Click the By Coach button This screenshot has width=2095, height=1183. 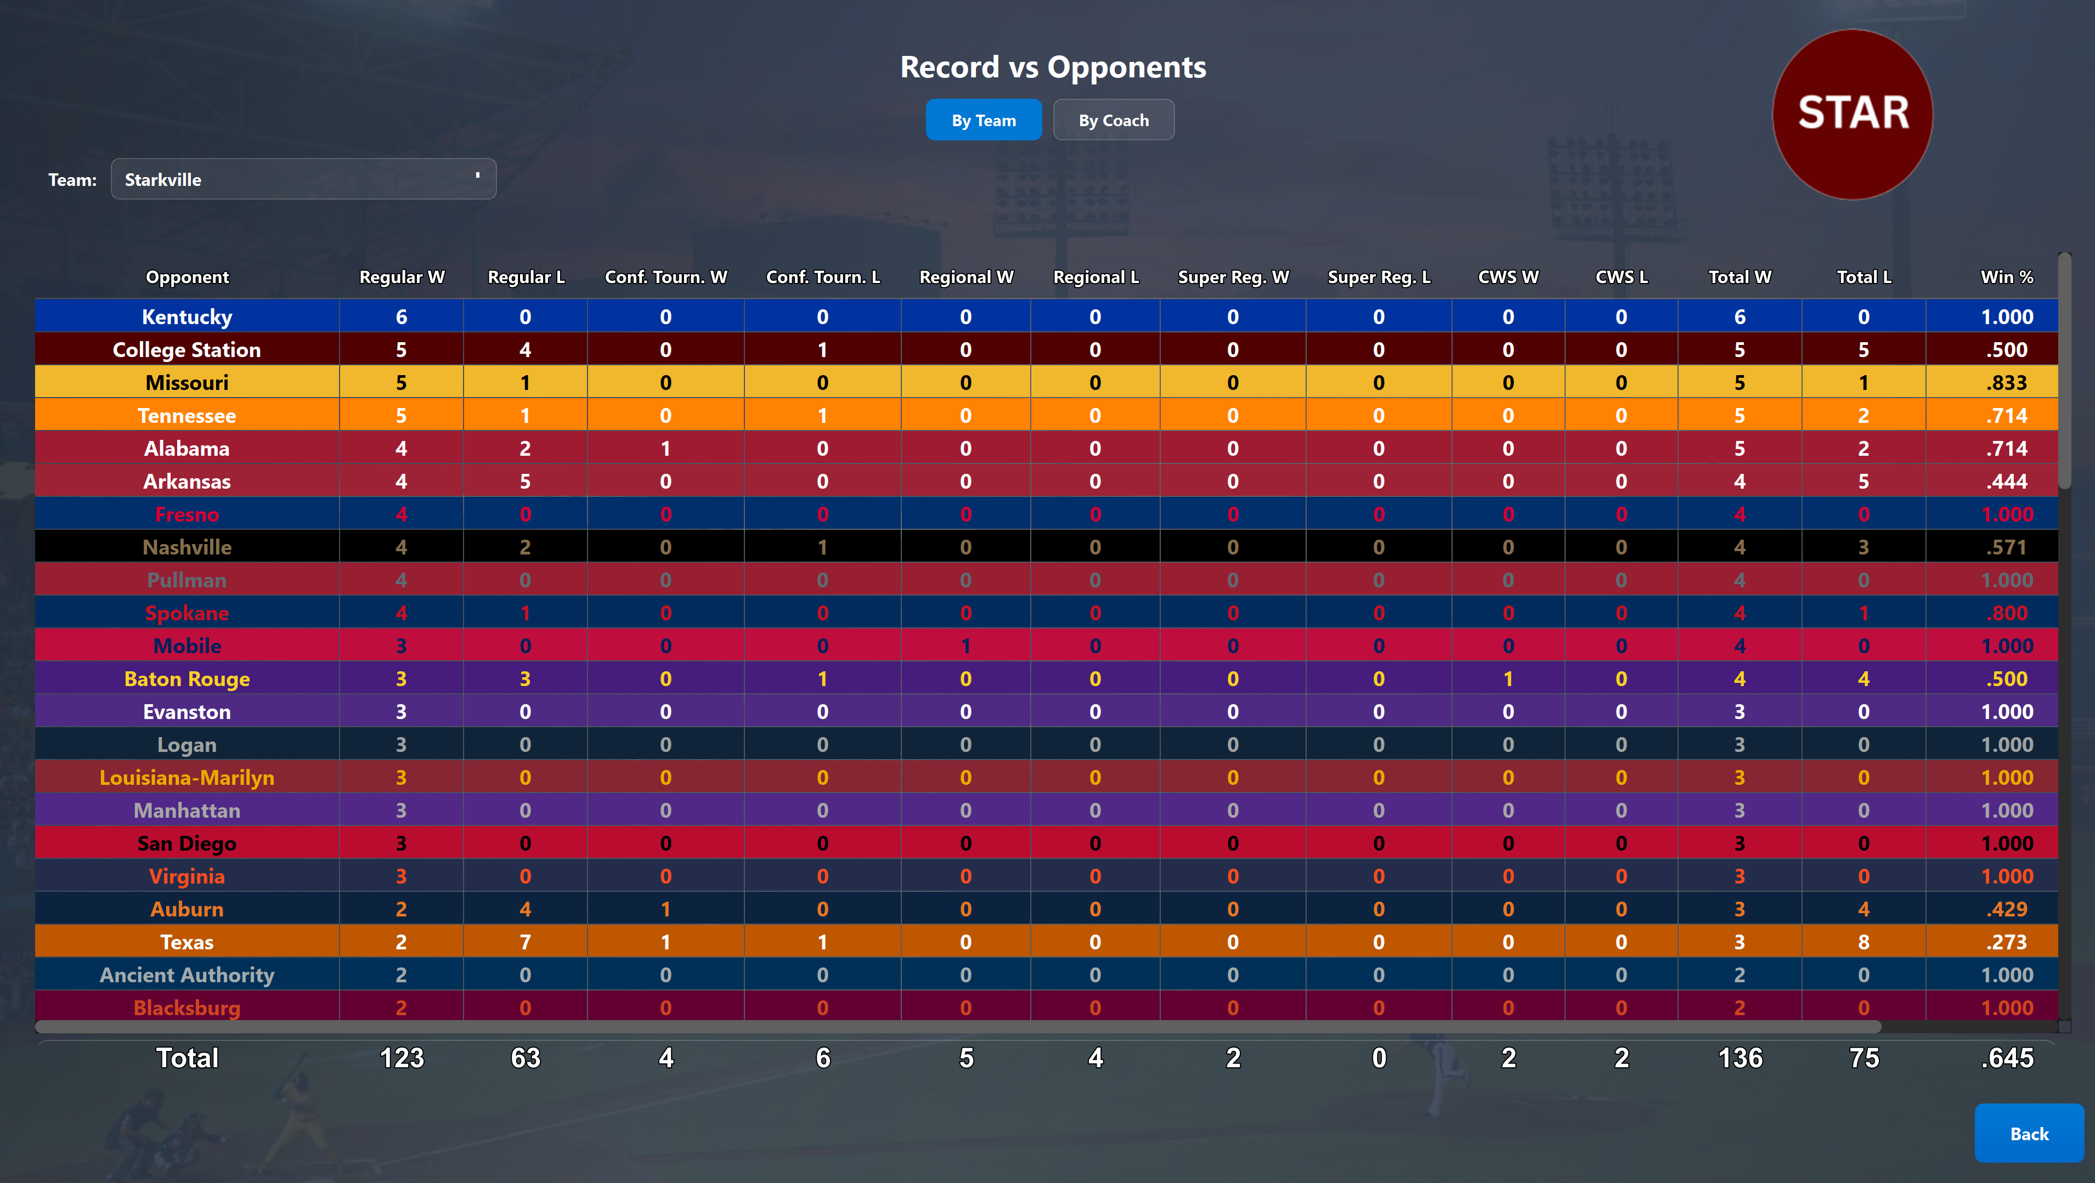[x=1114, y=120]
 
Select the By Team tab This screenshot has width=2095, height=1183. [x=983, y=120]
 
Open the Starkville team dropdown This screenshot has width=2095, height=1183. [x=303, y=179]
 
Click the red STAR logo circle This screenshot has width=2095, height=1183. [x=1853, y=115]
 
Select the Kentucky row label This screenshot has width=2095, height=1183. [x=187, y=316]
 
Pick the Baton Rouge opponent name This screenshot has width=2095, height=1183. [x=187, y=679]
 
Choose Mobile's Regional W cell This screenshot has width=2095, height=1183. [x=966, y=647]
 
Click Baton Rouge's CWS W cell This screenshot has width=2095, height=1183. [x=1509, y=679]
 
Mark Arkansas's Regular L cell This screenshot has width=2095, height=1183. [x=526, y=482]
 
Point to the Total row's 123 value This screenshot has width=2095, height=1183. [x=402, y=1058]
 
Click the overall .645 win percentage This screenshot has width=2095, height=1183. [x=2007, y=1058]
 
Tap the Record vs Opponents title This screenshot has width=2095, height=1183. [x=1053, y=67]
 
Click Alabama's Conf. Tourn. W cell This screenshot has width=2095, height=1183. [x=666, y=449]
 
